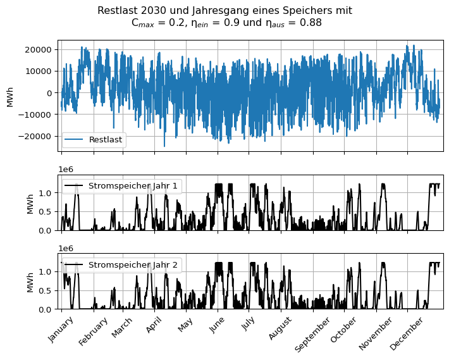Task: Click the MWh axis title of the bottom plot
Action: coord(30,281)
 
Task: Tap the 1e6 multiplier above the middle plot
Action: coord(65,170)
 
